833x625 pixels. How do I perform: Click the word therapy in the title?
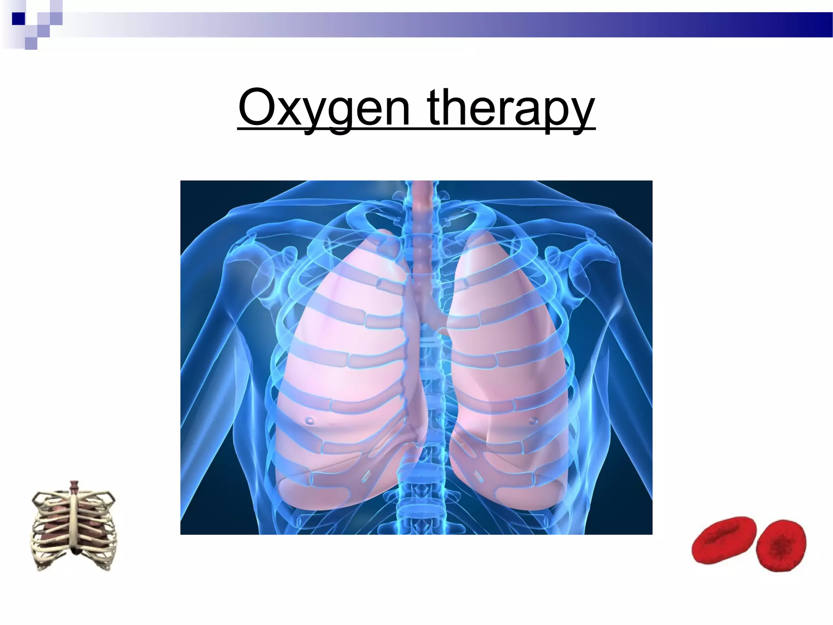(511, 108)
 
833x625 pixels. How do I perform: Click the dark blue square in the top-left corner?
(18, 19)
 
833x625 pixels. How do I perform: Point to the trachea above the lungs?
(423, 228)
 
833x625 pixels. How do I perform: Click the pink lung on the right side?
(508, 366)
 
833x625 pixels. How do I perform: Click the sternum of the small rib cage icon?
(74, 521)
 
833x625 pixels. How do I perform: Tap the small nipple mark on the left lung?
(310, 420)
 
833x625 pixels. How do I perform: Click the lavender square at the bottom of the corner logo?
(31, 43)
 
